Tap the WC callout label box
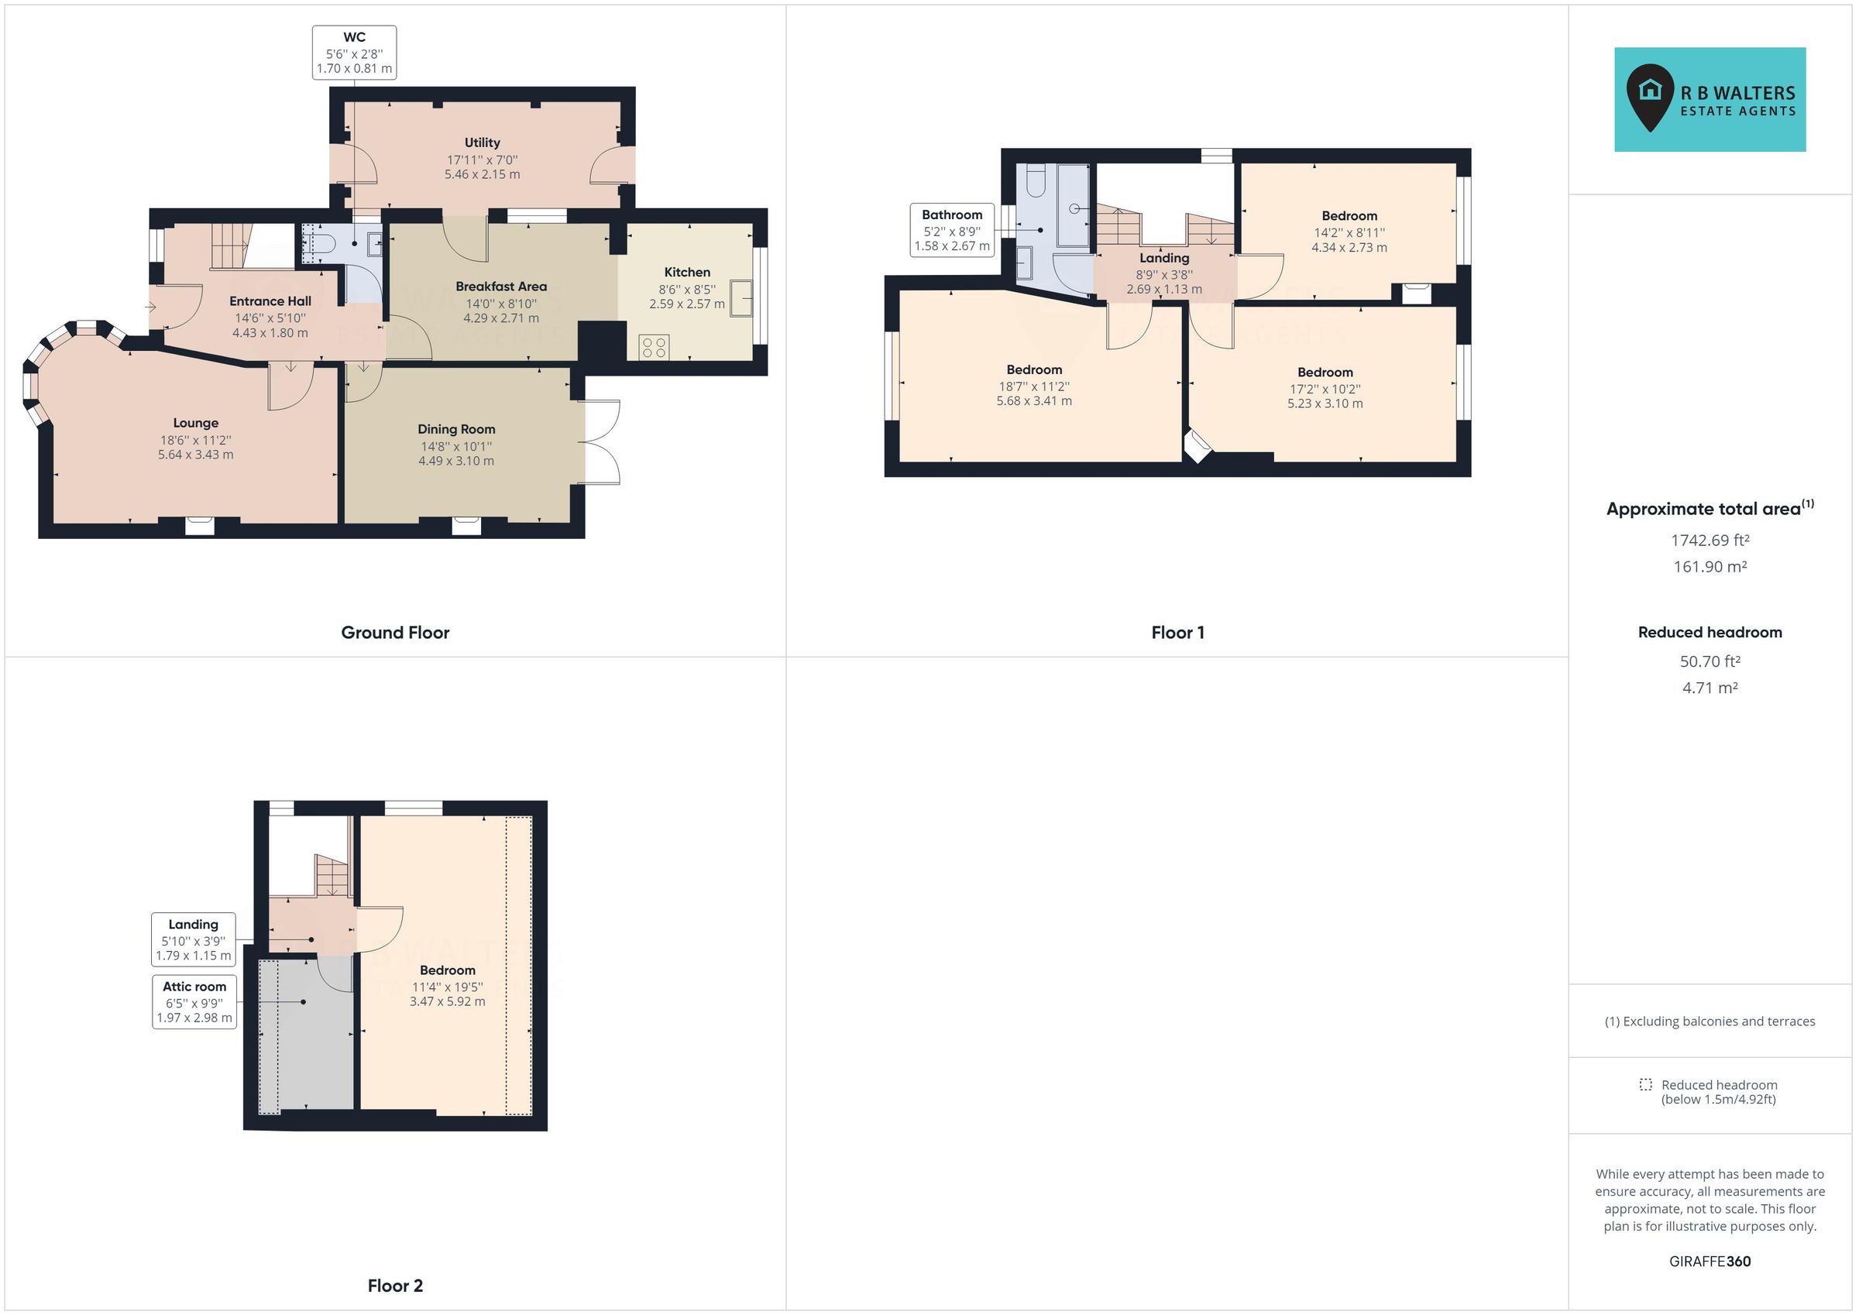(354, 53)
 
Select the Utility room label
(482, 142)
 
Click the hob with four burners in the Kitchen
(654, 348)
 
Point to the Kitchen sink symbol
(740, 297)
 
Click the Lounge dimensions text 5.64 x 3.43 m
(195, 455)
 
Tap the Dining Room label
(456, 429)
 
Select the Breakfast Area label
(500, 287)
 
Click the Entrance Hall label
(270, 301)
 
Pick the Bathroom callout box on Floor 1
(951, 230)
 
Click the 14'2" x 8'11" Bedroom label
(1349, 232)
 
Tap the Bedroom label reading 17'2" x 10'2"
(1325, 388)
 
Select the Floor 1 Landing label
(1164, 259)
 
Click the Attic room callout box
(194, 1001)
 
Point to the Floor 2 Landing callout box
(193, 939)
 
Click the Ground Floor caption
(394, 633)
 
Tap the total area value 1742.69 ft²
(1710, 540)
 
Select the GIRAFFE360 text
(1710, 1261)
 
